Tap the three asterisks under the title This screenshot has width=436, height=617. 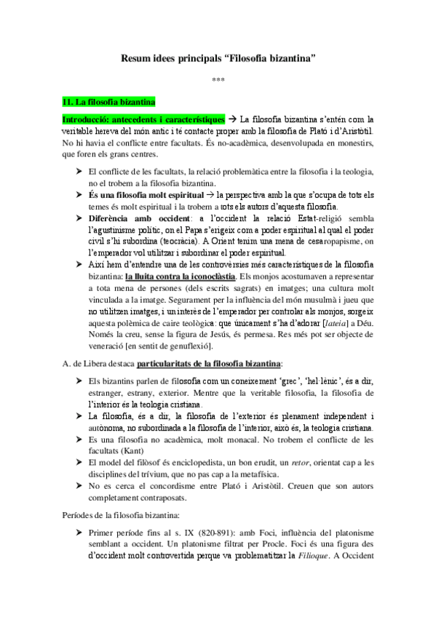[218, 79]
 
